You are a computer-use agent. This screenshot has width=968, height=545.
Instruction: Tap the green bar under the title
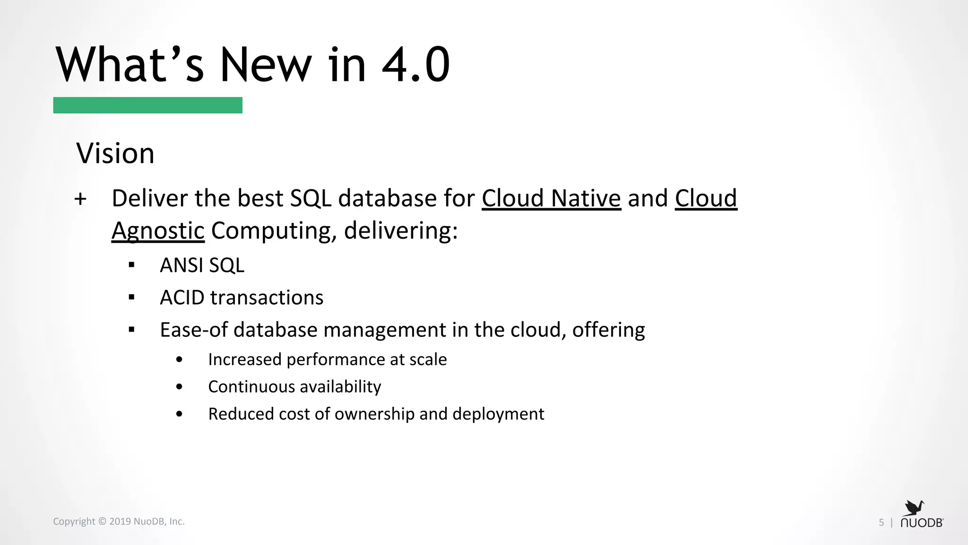click(x=147, y=105)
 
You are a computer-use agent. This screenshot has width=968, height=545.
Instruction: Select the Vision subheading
click(x=115, y=154)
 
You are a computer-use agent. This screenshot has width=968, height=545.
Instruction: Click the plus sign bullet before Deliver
click(x=80, y=199)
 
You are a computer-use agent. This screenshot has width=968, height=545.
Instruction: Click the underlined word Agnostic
click(x=158, y=231)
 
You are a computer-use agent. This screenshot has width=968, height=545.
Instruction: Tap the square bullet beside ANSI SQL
click(x=132, y=265)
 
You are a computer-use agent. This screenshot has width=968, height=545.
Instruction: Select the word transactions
click(x=267, y=298)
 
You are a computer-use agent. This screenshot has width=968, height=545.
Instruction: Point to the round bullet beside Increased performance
click(x=179, y=360)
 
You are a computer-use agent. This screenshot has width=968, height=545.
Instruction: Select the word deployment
click(x=498, y=414)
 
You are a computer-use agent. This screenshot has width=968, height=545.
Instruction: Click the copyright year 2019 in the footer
click(x=120, y=521)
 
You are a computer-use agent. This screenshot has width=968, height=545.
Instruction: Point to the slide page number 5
click(x=881, y=522)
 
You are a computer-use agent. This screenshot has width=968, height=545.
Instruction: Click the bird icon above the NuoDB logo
click(x=915, y=508)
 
